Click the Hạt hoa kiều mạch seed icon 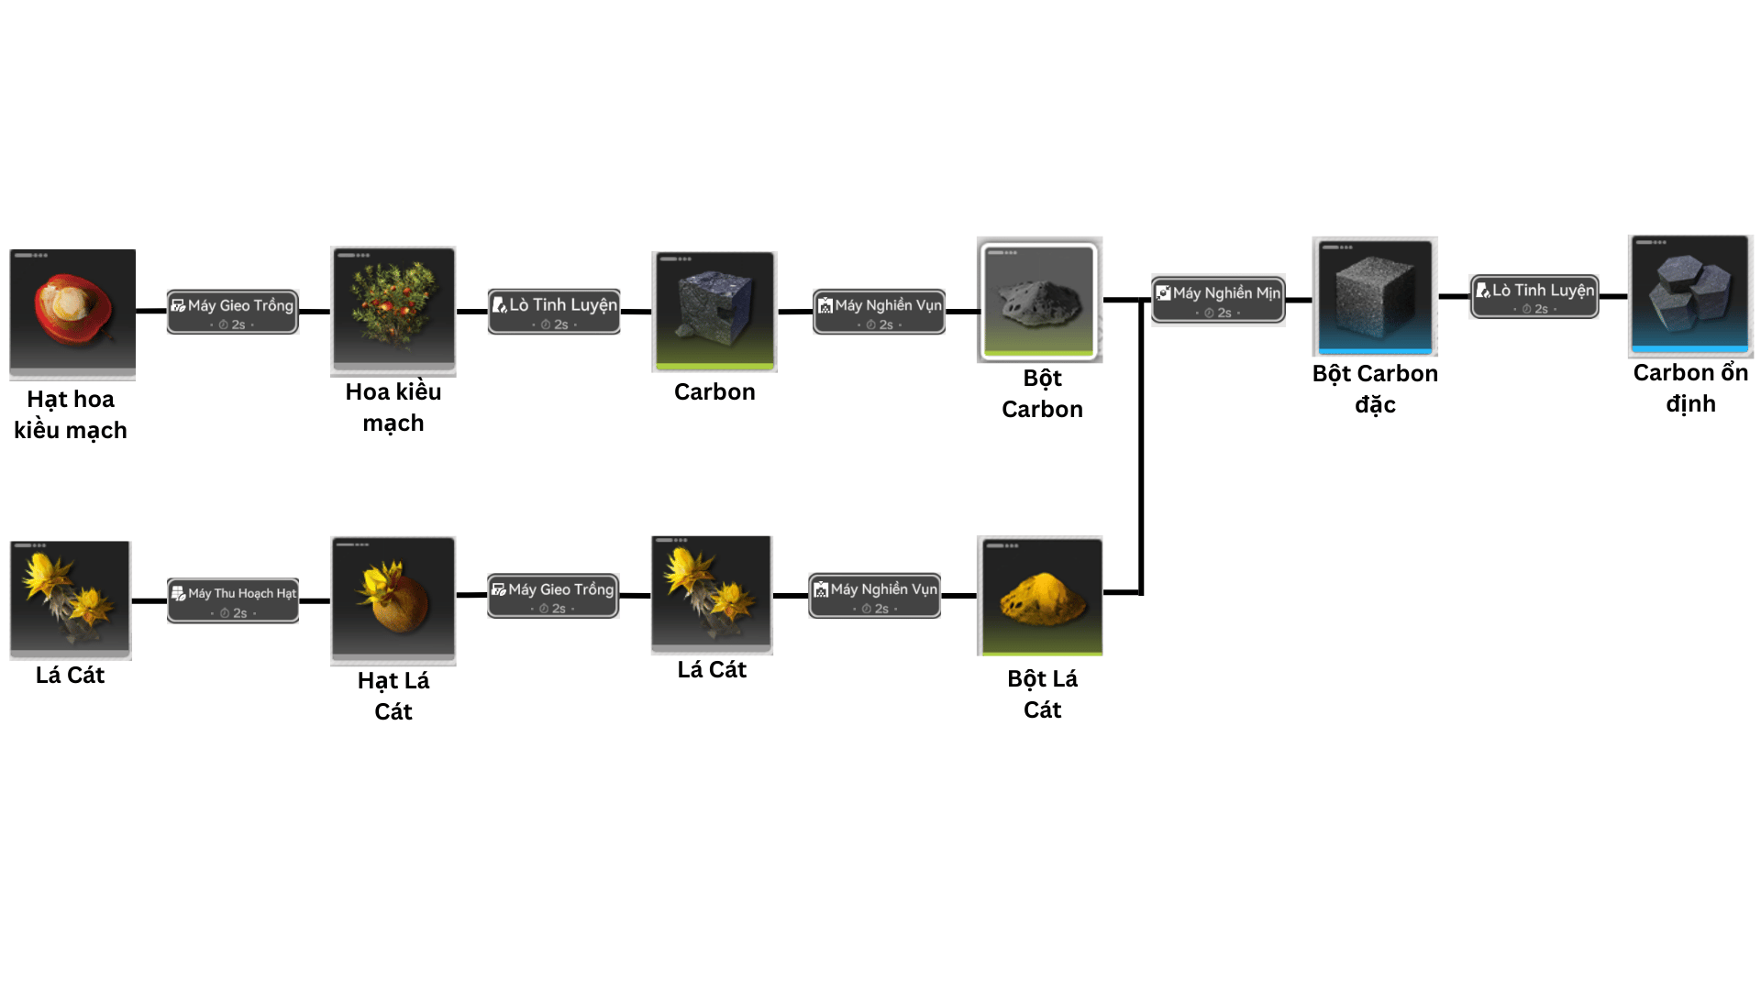72,313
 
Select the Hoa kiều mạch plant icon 393,310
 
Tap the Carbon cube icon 714,311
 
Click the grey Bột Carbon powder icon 1039,299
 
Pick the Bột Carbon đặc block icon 1374,296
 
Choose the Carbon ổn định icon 1689,295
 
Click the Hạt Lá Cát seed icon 393,599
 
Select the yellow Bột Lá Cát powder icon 1041,596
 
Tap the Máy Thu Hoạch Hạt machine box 233,600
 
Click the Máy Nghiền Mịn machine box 1218,300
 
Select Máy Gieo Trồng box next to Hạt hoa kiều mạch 233,312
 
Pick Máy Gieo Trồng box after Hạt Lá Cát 553,596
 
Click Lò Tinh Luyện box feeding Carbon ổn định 1534,297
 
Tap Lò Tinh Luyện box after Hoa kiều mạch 554,312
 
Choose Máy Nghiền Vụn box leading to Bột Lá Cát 874,596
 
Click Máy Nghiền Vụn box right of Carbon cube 879,312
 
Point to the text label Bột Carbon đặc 1374,389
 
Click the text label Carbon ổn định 1689,388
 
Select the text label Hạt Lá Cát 393,696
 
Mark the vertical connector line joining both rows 1141,449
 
